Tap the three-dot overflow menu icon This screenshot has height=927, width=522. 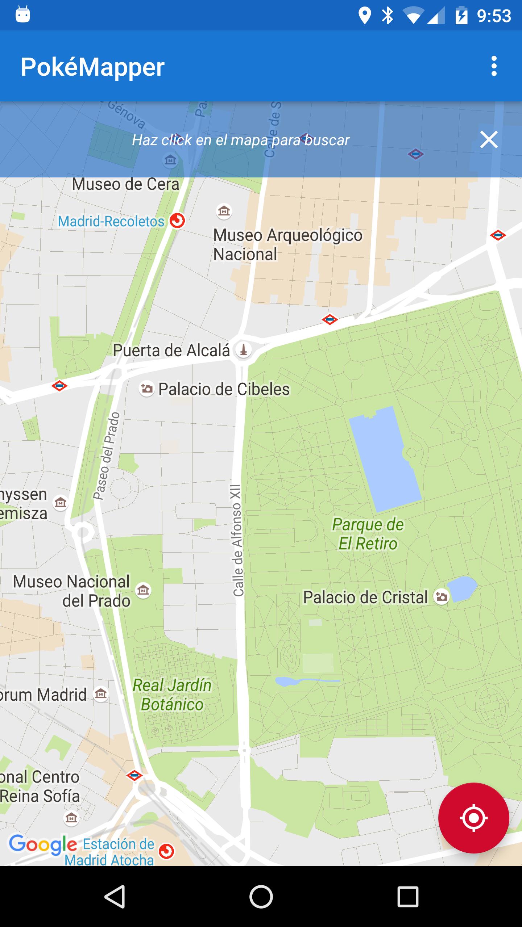(x=494, y=66)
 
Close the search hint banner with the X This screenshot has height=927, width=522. (x=489, y=140)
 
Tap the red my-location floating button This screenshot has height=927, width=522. (x=473, y=818)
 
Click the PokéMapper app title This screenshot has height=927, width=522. (x=93, y=67)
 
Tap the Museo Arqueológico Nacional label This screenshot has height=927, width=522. (x=287, y=244)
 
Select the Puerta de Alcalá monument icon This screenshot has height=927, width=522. (x=244, y=350)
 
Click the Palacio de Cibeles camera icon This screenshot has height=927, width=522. (x=147, y=389)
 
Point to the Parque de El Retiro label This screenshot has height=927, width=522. (x=368, y=534)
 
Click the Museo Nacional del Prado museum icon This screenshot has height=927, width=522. (x=143, y=591)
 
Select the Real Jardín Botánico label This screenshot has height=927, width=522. (x=172, y=695)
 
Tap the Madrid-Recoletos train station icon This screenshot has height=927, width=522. (x=177, y=221)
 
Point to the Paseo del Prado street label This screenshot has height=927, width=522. (x=106, y=456)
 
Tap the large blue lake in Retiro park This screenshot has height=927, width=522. (x=384, y=458)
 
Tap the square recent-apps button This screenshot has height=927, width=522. (x=408, y=897)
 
